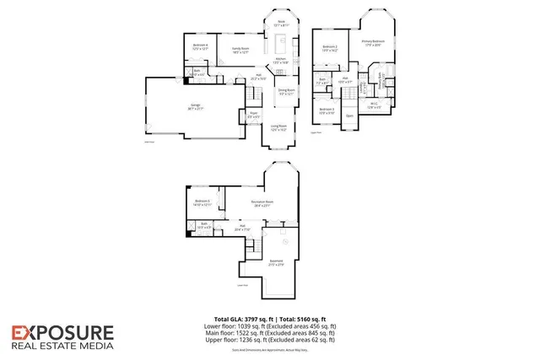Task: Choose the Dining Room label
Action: click(288, 92)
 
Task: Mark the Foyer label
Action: click(253, 114)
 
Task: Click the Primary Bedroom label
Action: click(373, 42)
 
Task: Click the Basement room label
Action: click(276, 263)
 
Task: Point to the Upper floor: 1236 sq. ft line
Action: click(270, 340)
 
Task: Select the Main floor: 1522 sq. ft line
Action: click(270, 333)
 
